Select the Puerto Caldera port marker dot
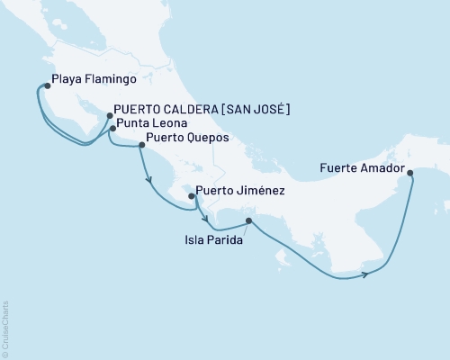[110, 115]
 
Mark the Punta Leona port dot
[112, 129]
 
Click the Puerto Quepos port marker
[140, 144]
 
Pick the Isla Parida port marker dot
[248, 220]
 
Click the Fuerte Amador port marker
[410, 173]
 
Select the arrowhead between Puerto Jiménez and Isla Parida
[206, 219]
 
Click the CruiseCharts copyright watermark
[6, 329]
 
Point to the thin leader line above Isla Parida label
[243, 228]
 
